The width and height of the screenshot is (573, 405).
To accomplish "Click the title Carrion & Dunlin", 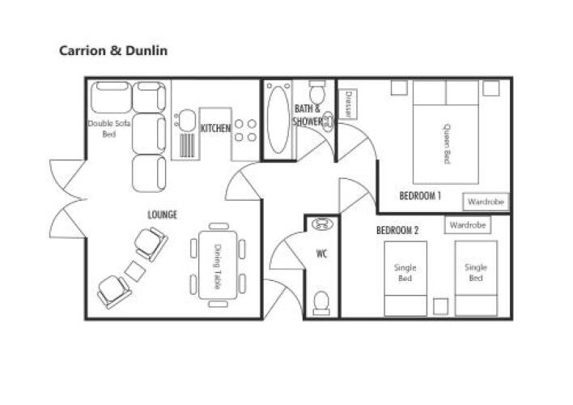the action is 113,50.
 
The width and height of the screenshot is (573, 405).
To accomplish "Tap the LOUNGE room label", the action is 162,215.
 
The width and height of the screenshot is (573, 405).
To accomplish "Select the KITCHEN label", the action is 215,128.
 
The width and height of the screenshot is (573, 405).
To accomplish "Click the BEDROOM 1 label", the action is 420,196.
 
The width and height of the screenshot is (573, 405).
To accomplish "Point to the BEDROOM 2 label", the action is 397,230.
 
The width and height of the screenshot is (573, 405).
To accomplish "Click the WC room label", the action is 321,254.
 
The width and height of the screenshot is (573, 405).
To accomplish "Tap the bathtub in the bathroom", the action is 278,120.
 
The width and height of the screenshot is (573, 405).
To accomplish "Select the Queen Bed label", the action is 447,144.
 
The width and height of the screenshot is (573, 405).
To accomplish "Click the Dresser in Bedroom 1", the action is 348,104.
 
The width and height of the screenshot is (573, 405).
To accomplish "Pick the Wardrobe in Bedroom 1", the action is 486,202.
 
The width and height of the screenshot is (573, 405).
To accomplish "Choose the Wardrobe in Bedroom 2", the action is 468,225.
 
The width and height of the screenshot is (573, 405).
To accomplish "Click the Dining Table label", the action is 218,266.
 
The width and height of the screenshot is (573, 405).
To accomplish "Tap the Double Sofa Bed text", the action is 109,129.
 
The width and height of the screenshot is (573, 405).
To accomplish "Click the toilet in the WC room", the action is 321,303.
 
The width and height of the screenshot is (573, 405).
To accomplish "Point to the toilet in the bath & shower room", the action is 316,92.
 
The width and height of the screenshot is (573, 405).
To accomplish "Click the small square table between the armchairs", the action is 135,271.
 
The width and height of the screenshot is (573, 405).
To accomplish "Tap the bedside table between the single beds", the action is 441,307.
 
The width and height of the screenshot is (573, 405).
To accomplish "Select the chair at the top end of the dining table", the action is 219,226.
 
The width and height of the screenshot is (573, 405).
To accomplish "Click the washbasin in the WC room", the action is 322,224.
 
